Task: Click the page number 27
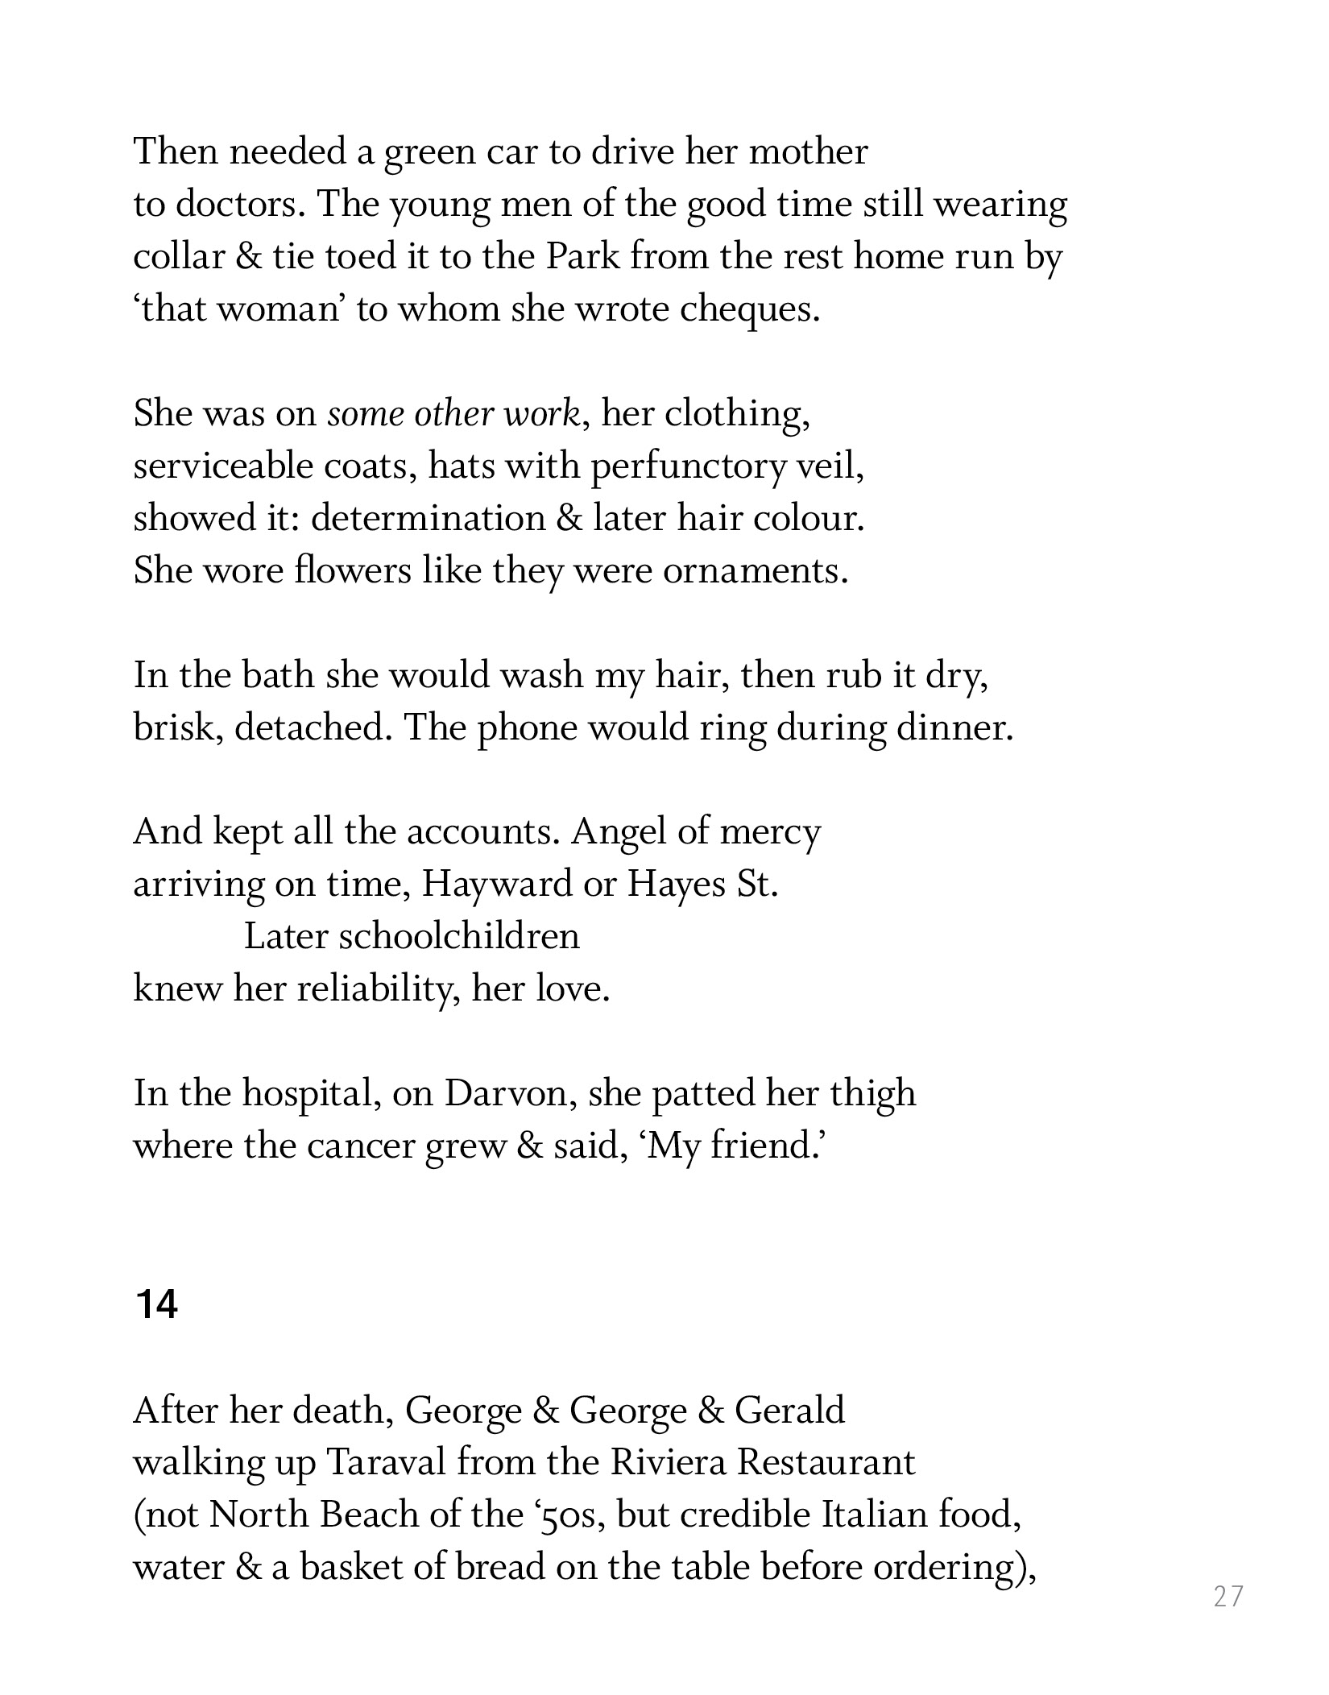(x=1228, y=1596)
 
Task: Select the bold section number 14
(x=157, y=1303)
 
